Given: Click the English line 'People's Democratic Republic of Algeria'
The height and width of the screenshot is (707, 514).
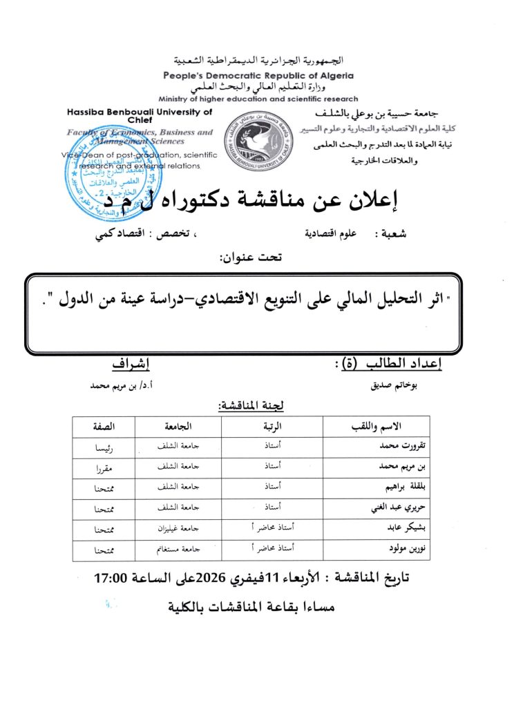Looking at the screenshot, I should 258,75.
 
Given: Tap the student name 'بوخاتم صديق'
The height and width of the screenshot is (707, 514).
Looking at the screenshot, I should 391,387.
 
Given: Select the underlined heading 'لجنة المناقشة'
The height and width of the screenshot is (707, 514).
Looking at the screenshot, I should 249,406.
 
